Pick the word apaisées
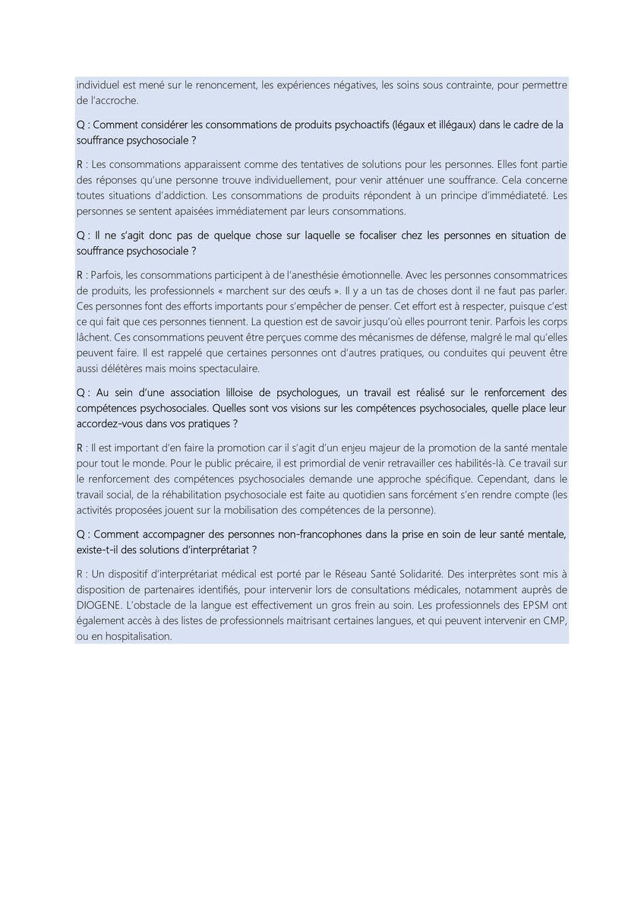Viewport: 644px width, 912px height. pyautogui.click(x=208, y=211)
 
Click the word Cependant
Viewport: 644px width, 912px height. pyautogui.click(x=497, y=479)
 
